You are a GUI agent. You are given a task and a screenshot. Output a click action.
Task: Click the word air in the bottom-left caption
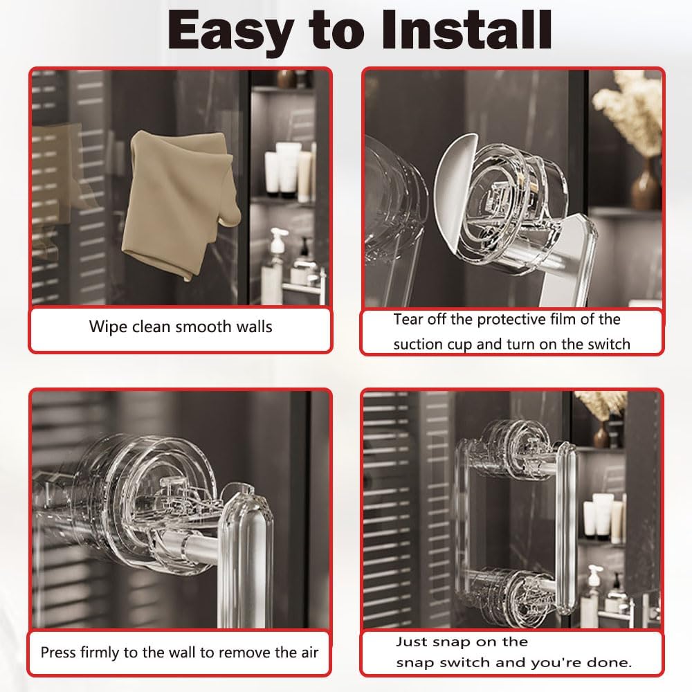(x=310, y=653)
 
